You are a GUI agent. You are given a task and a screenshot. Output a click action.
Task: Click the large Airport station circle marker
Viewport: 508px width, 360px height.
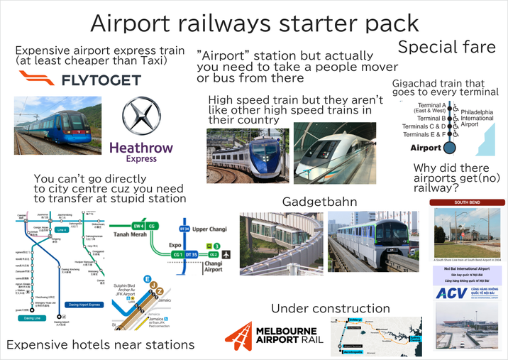pyautogui.click(x=448, y=148)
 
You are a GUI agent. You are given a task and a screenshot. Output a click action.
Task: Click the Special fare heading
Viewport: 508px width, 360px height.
pyautogui.click(x=446, y=48)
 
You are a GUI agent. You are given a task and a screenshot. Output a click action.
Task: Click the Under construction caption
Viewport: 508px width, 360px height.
pyautogui.click(x=331, y=308)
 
